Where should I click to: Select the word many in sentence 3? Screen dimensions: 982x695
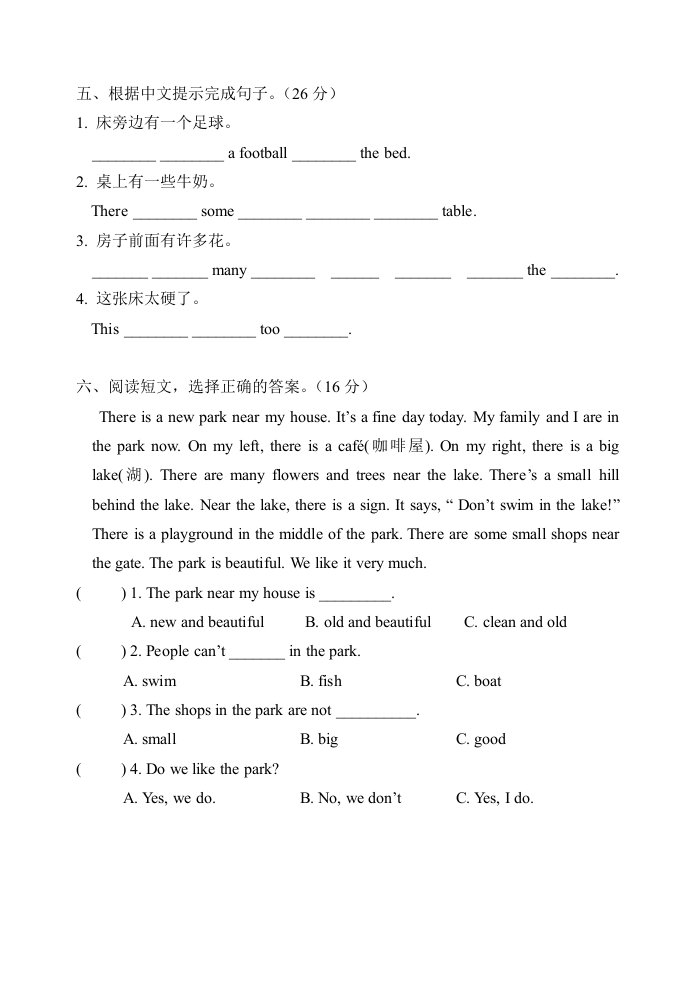[229, 270]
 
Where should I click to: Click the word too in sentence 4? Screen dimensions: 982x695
[270, 329]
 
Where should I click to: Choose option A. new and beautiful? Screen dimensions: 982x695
[198, 622]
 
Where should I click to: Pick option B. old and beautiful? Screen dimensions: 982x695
[368, 622]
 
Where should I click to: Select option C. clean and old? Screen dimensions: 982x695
[515, 622]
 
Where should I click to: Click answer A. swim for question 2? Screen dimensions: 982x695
[150, 681]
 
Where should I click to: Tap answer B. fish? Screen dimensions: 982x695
[321, 681]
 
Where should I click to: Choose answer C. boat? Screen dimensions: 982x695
[479, 681]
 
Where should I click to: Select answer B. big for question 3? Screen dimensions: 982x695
[319, 739]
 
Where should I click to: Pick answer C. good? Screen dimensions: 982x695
[481, 739]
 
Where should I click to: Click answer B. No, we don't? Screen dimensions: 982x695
[350, 798]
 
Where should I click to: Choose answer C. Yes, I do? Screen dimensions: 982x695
[495, 798]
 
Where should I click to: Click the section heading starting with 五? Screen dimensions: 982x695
[207, 95]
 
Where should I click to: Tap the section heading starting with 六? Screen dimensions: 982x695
[225, 387]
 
